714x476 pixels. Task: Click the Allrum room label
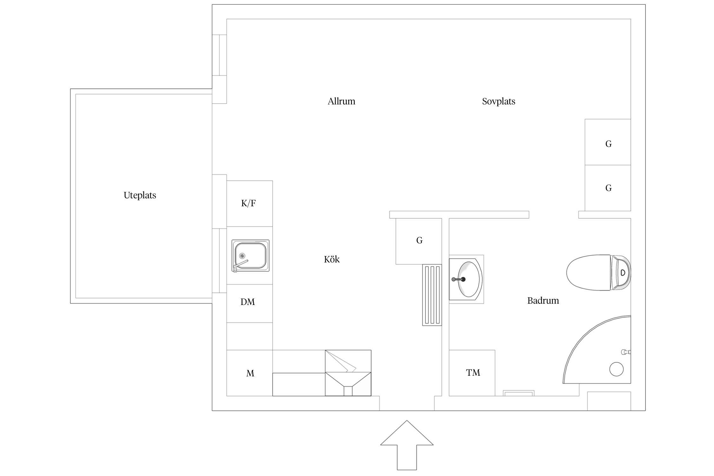tap(341, 101)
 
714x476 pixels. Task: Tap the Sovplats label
tap(499, 101)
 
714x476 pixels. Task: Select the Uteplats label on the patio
tap(140, 195)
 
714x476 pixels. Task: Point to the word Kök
tap(332, 259)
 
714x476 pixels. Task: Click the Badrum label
tap(543, 301)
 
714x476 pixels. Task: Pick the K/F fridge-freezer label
tap(248, 203)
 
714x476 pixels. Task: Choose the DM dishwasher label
tap(248, 302)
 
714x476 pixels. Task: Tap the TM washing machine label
tap(473, 373)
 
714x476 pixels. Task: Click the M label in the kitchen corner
tap(250, 374)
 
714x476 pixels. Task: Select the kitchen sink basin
tap(250, 255)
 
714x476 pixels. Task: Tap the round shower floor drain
tap(616, 369)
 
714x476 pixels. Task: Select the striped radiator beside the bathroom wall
tap(432, 295)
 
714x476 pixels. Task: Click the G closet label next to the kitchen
tap(419, 241)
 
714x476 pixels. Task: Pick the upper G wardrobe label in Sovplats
tap(608, 144)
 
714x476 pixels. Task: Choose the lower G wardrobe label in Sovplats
tap(608, 188)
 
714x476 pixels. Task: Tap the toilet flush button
tap(623, 273)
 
